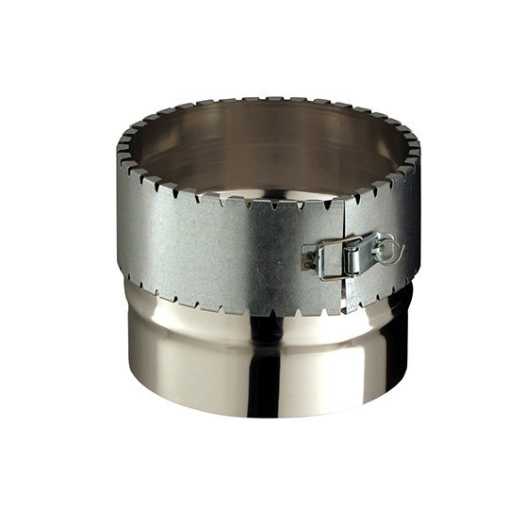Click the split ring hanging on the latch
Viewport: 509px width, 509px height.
click(386, 250)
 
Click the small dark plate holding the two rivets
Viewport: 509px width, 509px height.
click(309, 259)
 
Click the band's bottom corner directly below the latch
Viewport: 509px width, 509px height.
click(345, 309)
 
